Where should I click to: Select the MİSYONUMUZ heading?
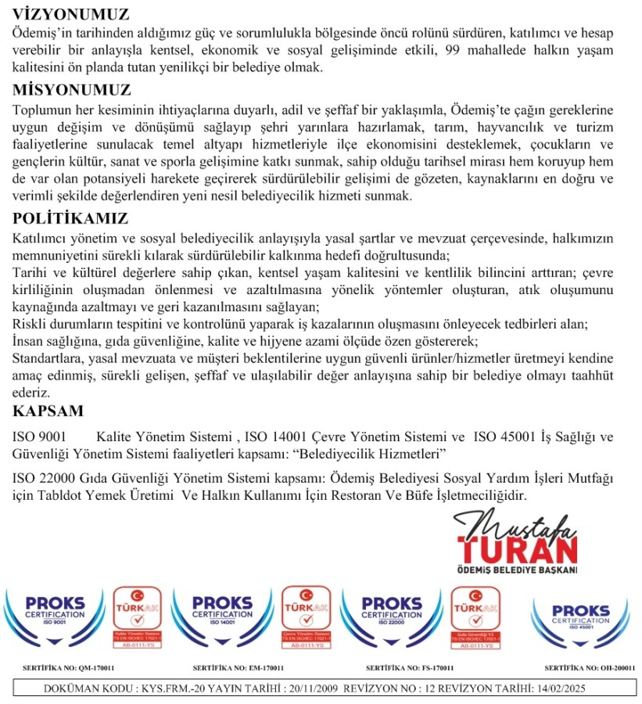[72, 89]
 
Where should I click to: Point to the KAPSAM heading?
[48, 411]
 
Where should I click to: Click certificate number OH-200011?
[611, 669]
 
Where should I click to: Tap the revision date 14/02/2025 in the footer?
[556, 689]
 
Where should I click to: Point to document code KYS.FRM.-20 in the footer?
[172, 689]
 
